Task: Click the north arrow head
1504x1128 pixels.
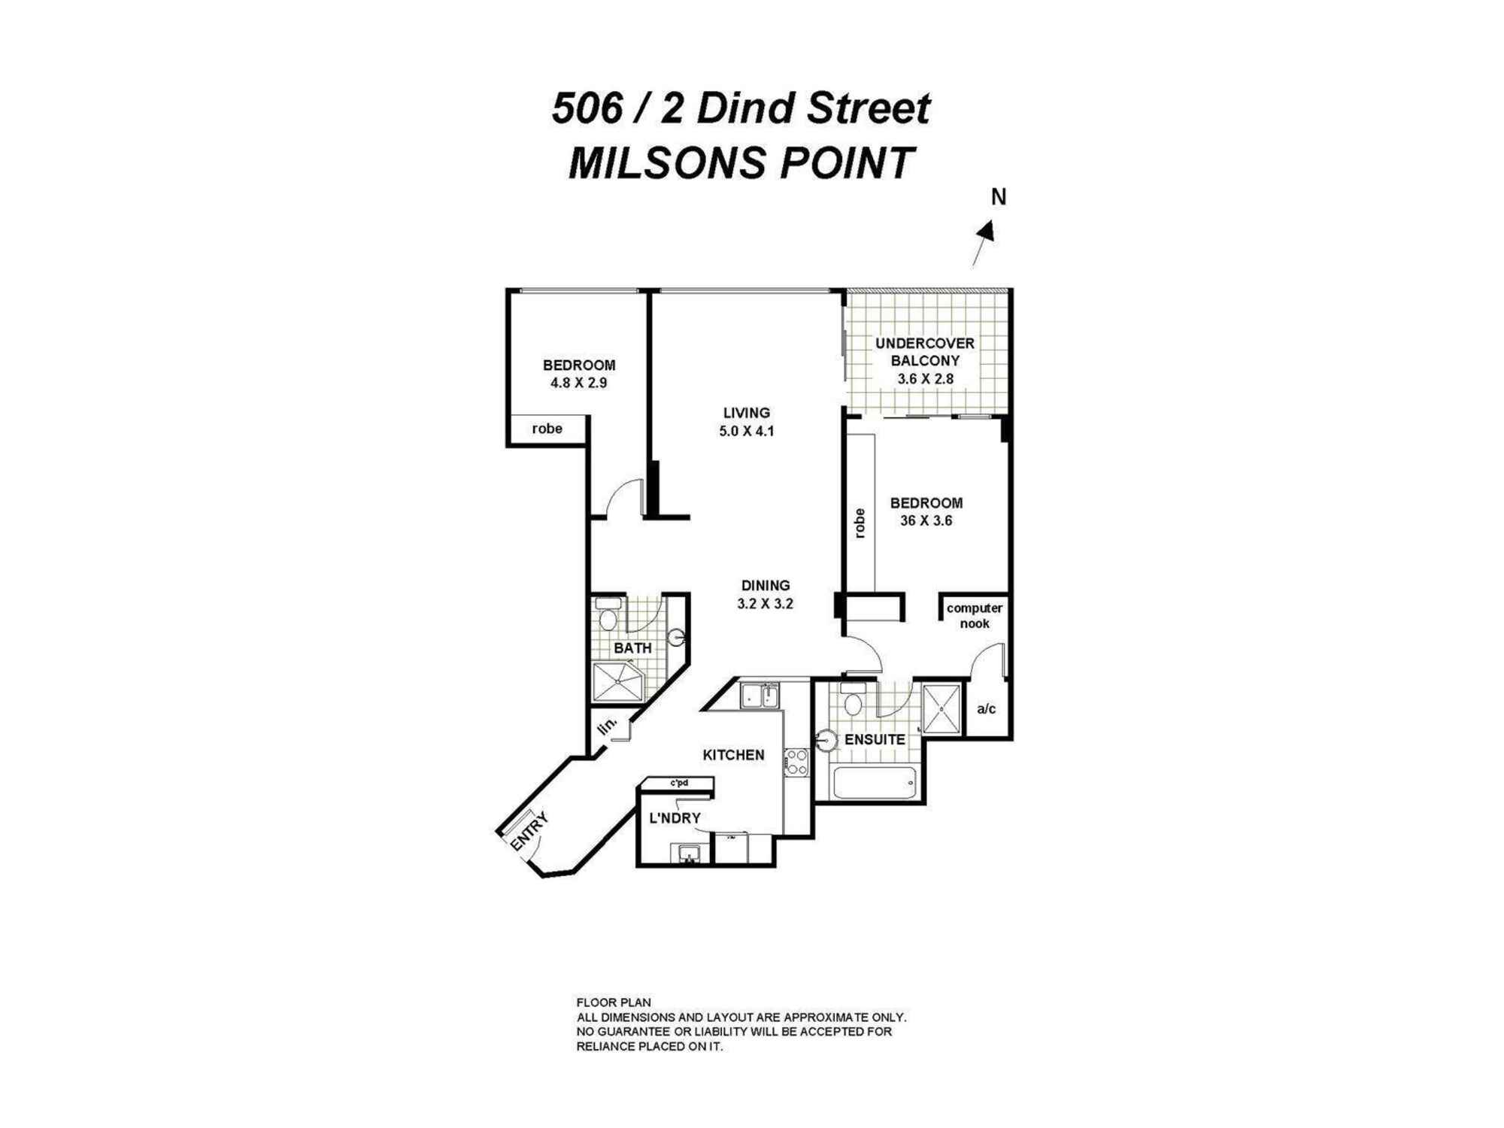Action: tap(988, 231)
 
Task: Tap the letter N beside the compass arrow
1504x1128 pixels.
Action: tap(999, 197)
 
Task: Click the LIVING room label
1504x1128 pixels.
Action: tap(746, 413)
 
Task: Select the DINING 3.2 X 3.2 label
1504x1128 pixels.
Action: tap(766, 594)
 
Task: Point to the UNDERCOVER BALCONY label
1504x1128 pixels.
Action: tap(925, 352)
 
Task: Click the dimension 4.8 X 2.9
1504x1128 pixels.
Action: tap(578, 383)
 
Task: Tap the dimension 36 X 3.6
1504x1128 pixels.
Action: tap(926, 520)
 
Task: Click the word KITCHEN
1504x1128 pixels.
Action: tap(733, 755)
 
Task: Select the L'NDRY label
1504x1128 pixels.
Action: tap(675, 818)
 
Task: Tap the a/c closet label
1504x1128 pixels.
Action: tap(986, 709)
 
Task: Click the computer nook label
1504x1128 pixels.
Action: tap(974, 616)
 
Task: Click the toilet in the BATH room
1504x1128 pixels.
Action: tap(608, 615)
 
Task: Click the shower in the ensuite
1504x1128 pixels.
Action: tap(942, 708)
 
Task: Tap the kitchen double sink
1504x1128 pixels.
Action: tap(760, 696)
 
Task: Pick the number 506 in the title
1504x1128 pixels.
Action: tap(587, 109)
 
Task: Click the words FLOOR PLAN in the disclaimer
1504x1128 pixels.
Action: tap(613, 1002)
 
